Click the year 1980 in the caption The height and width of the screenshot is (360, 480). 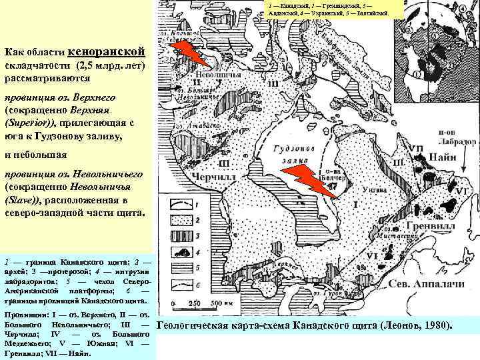click(437, 325)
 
